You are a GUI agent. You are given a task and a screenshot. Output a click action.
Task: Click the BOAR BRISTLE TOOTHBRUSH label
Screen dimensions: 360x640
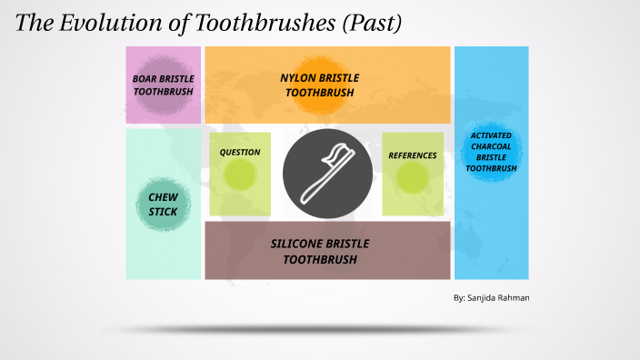coord(164,85)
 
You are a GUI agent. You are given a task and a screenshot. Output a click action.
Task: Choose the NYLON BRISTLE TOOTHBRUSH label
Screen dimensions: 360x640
coord(319,85)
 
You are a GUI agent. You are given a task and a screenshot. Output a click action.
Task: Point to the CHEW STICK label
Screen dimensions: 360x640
coord(164,205)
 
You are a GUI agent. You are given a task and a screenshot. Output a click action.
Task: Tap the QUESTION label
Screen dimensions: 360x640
coord(240,153)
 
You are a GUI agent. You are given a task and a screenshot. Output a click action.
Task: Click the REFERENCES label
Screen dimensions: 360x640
coord(413,155)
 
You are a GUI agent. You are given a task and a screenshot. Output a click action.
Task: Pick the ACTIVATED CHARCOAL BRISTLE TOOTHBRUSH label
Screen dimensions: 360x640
coord(491,152)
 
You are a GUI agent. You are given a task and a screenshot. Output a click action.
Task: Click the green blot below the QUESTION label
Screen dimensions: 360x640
coord(240,177)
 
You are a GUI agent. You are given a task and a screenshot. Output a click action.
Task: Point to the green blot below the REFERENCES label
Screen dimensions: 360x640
coord(413,180)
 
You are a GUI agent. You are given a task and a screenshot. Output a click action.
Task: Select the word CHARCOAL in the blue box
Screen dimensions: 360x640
coord(491,146)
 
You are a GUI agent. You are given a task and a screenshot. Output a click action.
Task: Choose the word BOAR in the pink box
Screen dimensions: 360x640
coord(145,79)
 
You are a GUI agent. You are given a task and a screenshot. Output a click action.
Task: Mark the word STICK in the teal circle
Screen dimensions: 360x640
coord(164,212)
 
